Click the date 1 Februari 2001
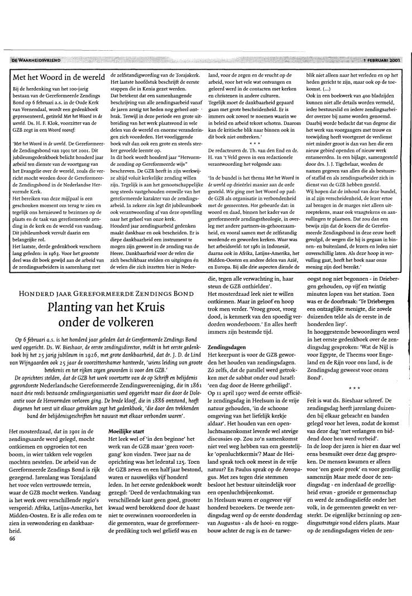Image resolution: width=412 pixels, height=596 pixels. coord(382,60)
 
